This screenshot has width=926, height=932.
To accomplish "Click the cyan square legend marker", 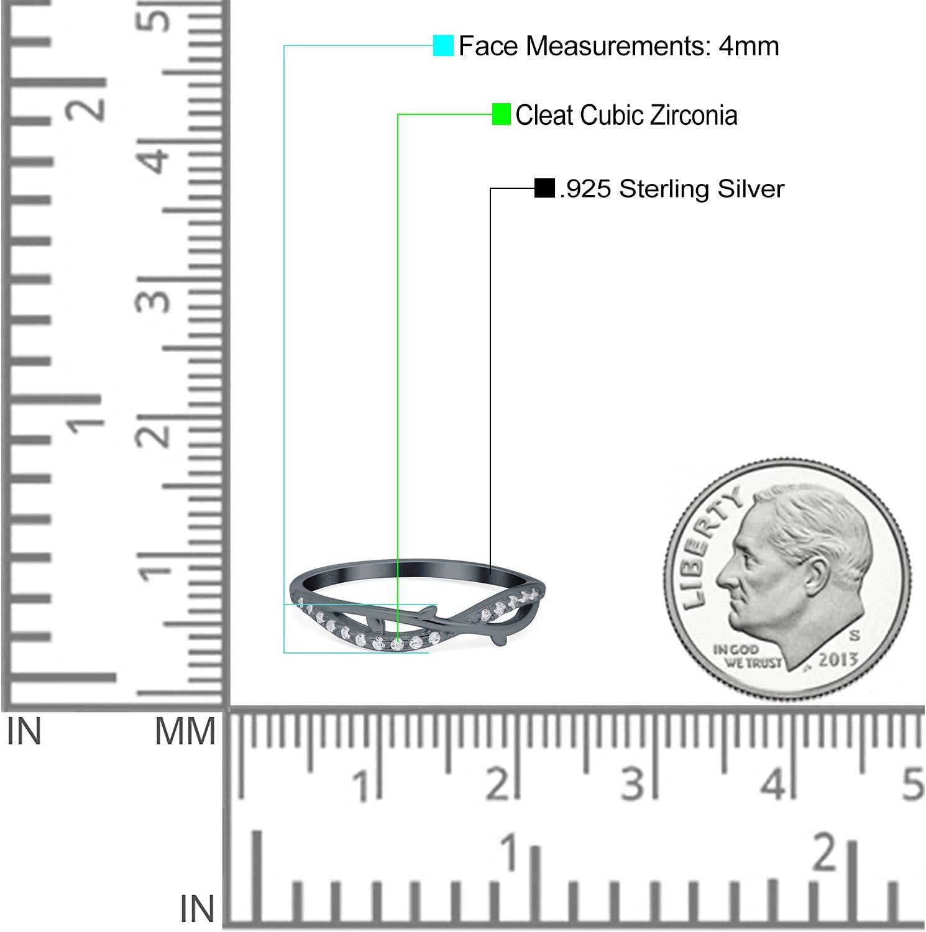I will pyautogui.click(x=443, y=45).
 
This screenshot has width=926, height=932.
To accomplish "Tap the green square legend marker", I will pyautogui.click(x=501, y=114).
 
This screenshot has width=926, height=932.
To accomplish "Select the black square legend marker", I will pyautogui.click(x=544, y=188).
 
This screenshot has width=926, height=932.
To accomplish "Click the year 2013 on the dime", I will pyautogui.click(x=837, y=659).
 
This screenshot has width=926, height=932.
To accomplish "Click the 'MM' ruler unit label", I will pyautogui.click(x=185, y=731).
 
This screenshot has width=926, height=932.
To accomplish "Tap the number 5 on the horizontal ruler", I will pyautogui.click(x=912, y=784).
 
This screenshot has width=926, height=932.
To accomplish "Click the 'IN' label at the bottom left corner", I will pyautogui.click(x=197, y=909).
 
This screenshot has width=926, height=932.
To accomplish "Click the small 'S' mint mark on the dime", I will pyautogui.click(x=855, y=636).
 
